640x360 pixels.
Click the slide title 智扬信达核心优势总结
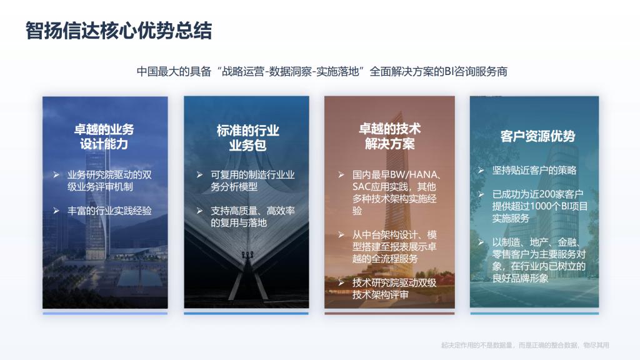click(118, 31)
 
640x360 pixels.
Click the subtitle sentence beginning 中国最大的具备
click(322, 71)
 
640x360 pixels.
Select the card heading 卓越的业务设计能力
click(104, 137)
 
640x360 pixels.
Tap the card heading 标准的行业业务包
click(247, 138)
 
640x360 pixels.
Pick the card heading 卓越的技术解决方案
click(390, 136)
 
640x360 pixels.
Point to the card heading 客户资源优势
click(537, 136)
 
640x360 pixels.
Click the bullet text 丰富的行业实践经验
click(109, 211)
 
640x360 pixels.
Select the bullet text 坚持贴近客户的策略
click(534, 170)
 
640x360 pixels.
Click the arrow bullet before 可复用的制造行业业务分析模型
click(199, 175)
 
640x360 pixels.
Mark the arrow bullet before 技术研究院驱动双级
click(341, 282)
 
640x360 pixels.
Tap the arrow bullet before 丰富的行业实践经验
click(56, 211)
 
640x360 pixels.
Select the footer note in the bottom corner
click(525, 345)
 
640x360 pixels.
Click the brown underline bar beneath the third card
click(389, 314)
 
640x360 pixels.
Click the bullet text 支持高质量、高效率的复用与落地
click(252, 217)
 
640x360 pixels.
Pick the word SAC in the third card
click(361, 187)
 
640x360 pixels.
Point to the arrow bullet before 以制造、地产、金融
click(481, 242)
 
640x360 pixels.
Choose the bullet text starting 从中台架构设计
click(395, 246)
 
